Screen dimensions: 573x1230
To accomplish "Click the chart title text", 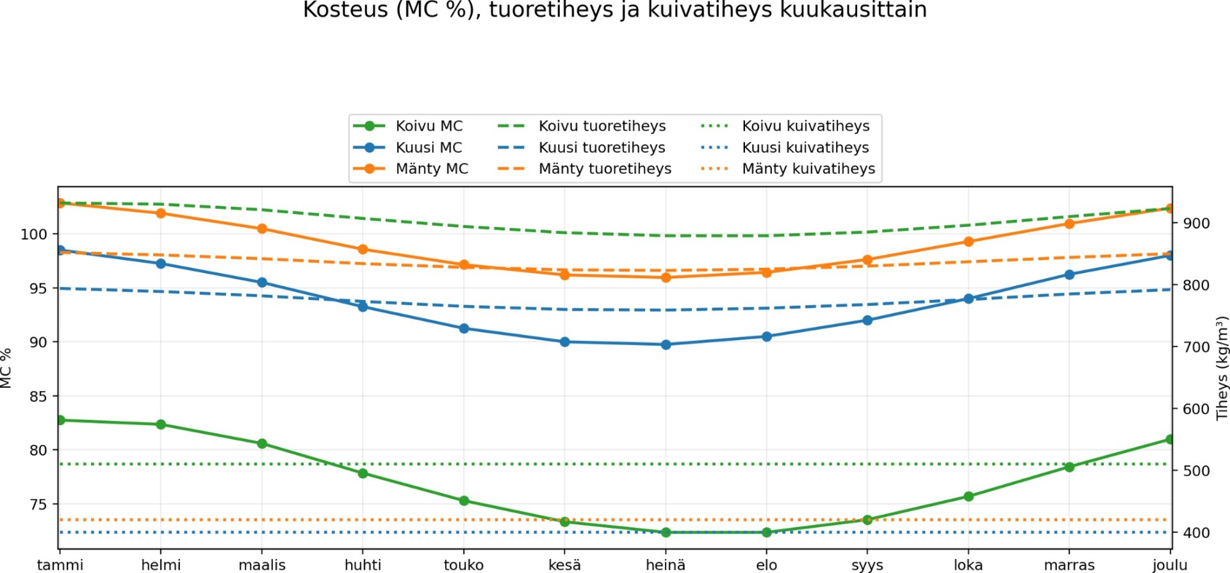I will [x=614, y=10].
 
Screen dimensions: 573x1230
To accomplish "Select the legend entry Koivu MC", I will [x=429, y=126].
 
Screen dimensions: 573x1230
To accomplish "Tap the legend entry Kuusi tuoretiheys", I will [x=602, y=147].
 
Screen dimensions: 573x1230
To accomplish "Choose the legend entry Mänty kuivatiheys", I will [x=808, y=169].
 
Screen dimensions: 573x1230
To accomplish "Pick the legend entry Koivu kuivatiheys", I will [x=805, y=126].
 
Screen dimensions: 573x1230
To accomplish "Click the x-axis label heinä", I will [x=666, y=565].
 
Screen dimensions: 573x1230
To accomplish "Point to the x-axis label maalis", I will [x=262, y=565].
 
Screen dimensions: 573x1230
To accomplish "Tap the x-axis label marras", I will [x=1069, y=565].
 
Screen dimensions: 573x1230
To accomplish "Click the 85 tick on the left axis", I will [x=38, y=397].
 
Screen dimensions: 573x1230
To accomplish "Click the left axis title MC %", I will [x=6, y=368].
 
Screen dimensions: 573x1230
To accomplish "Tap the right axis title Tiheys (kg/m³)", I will [x=1222, y=368].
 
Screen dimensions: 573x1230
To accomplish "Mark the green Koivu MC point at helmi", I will [x=161, y=424].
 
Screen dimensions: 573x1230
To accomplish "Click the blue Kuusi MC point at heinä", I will [x=666, y=344].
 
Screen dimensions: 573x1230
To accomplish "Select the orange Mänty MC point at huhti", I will [x=363, y=249].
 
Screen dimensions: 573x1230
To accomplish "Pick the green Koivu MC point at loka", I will [x=969, y=496].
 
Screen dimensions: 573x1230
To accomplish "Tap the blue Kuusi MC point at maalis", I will [x=262, y=283].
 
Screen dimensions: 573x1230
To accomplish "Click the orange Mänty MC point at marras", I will [x=1069, y=224].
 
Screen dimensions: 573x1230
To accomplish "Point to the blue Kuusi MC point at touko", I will [x=464, y=328].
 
